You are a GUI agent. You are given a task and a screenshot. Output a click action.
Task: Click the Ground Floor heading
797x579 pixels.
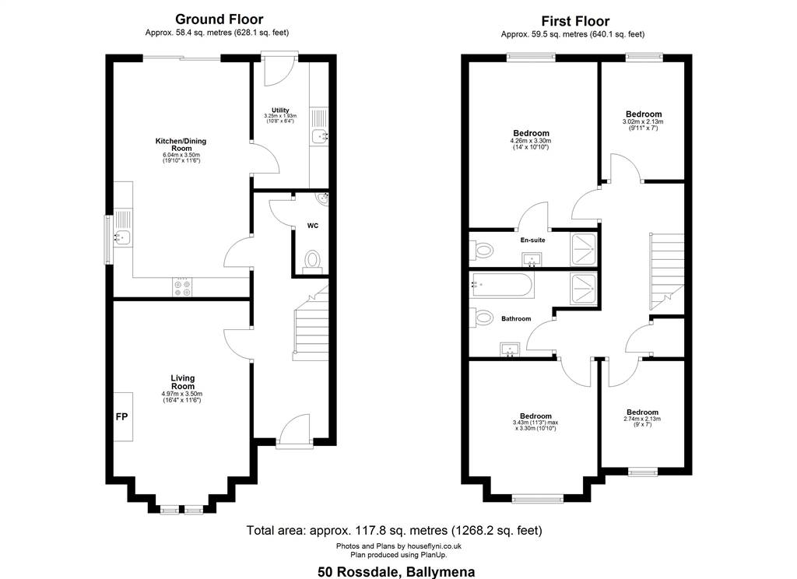(x=219, y=19)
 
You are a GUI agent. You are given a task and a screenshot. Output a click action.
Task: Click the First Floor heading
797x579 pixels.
(x=575, y=21)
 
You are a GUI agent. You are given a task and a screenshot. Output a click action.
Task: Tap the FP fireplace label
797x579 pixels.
(x=121, y=417)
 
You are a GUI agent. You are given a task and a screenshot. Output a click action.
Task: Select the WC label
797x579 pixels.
(x=313, y=226)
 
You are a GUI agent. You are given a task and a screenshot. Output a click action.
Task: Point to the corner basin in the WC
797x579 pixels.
(x=322, y=200)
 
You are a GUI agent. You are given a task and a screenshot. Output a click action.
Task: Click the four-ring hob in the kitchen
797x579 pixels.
(x=182, y=287)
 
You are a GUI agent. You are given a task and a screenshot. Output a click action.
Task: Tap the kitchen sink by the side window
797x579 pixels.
(x=122, y=237)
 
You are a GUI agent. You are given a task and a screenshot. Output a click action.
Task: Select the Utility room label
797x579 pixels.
(x=280, y=111)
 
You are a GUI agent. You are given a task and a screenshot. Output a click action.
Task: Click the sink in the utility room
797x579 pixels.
(x=320, y=136)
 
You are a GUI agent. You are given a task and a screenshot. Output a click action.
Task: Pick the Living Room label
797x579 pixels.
(x=182, y=382)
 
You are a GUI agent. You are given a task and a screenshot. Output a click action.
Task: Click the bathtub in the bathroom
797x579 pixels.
(x=502, y=286)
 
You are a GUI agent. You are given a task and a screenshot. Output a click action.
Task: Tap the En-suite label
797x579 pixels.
(x=532, y=240)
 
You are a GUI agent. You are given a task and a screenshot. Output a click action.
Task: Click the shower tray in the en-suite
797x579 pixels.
(x=584, y=249)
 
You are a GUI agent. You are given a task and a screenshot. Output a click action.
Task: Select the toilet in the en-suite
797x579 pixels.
(x=482, y=250)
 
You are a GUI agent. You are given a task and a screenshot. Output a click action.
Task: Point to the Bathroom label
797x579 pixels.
(x=516, y=319)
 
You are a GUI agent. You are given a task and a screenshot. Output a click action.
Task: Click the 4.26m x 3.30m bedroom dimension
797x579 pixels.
(x=531, y=141)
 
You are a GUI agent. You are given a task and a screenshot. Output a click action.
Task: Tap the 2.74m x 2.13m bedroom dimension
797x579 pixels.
(x=642, y=419)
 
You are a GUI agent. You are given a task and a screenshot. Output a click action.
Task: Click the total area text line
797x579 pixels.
(x=395, y=531)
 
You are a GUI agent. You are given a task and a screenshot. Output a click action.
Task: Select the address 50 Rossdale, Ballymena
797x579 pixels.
(x=396, y=572)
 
